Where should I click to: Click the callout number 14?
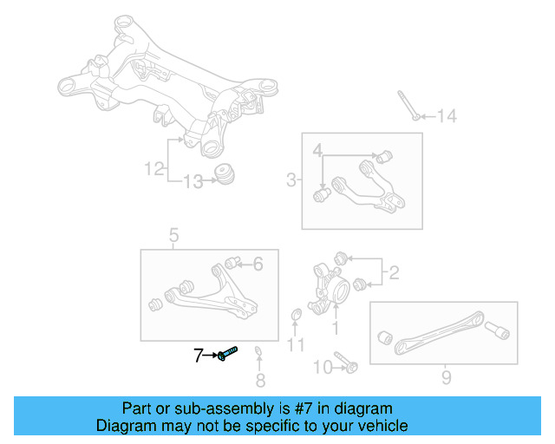(x=446, y=116)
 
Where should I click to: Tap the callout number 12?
(x=154, y=169)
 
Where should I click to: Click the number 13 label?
(x=193, y=181)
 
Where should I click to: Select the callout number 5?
(x=173, y=235)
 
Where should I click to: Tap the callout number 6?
(x=258, y=264)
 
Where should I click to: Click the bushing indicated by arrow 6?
(x=232, y=262)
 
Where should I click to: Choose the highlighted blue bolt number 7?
(x=229, y=354)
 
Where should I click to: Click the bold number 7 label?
(x=199, y=355)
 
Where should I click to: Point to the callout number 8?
(x=260, y=379)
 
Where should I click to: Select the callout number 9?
(x=446, y=377)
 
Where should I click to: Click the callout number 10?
(x=322, y=368)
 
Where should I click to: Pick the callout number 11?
(x=297, y=346)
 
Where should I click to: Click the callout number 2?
(x=393, y=275)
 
